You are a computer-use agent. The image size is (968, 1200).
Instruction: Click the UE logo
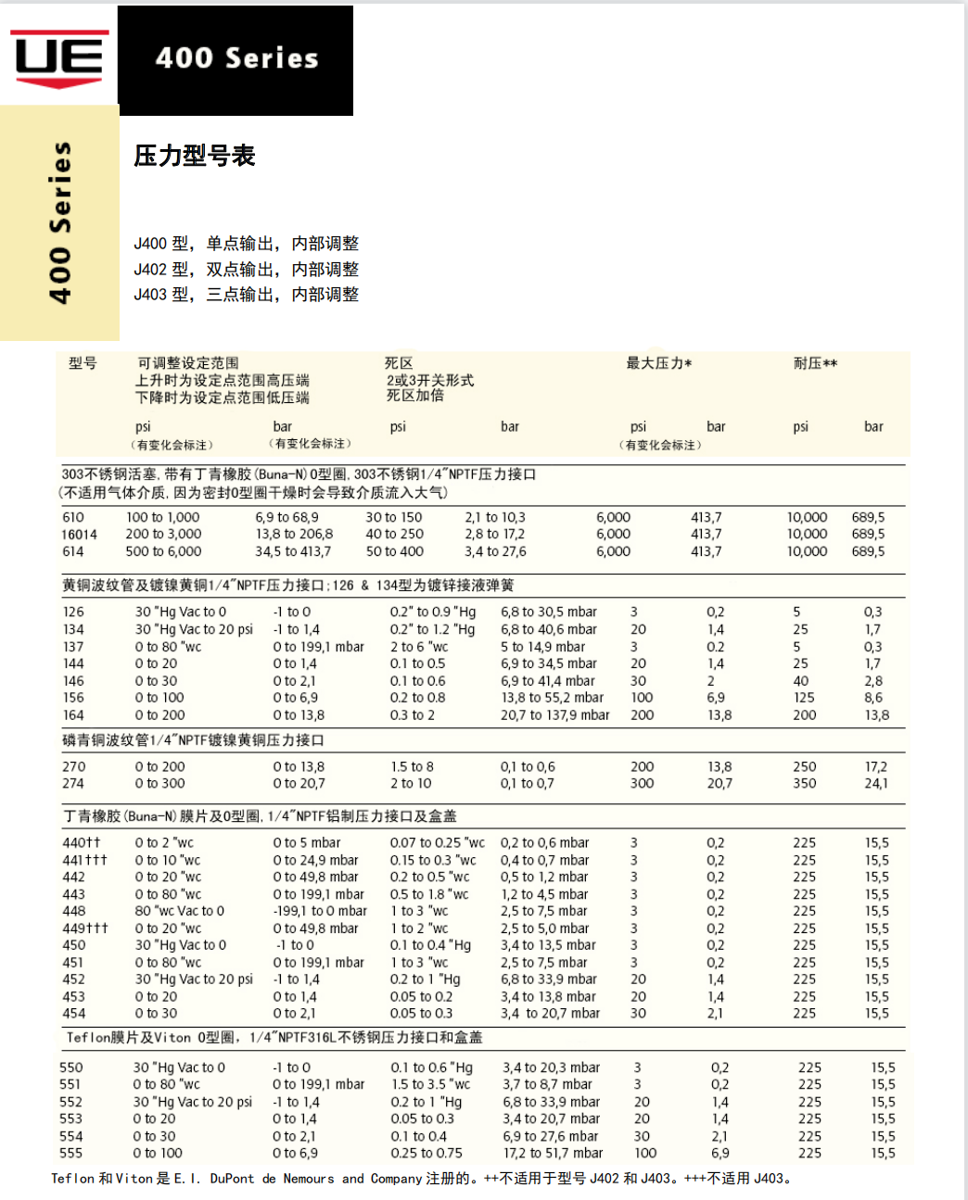59,57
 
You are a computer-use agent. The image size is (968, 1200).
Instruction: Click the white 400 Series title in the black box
236,58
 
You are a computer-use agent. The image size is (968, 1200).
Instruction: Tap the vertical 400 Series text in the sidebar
60,222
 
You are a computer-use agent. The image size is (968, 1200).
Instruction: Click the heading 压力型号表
194,156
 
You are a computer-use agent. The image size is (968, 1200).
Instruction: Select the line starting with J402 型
246,270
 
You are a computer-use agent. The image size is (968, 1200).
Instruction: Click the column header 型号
83,363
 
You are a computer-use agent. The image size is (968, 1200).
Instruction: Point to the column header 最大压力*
658,363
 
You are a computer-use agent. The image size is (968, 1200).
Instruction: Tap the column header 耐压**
815,363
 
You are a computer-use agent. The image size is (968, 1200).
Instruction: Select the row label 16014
79,535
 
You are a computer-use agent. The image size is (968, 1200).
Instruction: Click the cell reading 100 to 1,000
162,518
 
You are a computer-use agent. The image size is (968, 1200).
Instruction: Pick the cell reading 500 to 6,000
163,551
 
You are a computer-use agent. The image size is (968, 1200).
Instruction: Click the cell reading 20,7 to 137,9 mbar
555,715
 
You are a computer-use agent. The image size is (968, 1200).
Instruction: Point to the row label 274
73,784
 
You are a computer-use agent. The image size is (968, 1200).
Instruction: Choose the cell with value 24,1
876,784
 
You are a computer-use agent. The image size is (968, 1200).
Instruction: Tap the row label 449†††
85,928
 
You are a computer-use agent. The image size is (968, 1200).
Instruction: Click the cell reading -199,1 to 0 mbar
320,911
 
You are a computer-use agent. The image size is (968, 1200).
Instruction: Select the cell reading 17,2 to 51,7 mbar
553,1154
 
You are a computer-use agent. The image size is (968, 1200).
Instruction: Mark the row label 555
70,1154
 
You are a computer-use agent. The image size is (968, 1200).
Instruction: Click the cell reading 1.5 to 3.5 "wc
430,1085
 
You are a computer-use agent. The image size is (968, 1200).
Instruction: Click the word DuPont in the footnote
232,1179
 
